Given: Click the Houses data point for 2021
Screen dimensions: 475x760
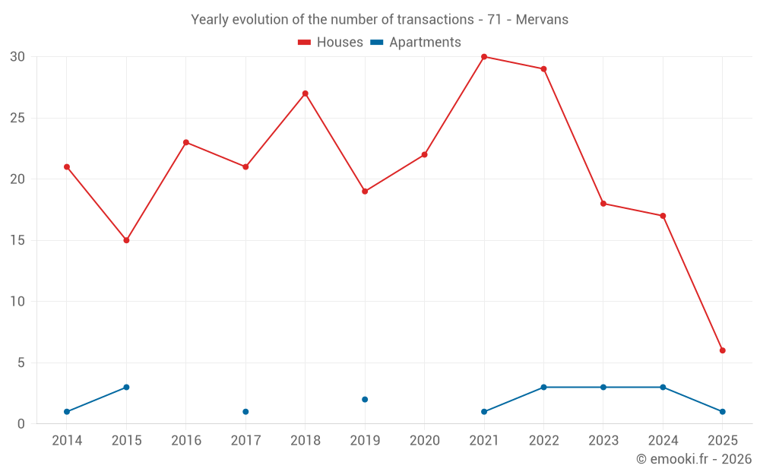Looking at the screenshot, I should click(x=484, y=57).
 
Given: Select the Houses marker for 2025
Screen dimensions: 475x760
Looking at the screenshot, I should click(x=723, y=350).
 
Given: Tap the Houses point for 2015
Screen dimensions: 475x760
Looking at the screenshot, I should click(x=126, y=240).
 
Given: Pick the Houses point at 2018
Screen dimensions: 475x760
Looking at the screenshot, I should click(x=305, y=93).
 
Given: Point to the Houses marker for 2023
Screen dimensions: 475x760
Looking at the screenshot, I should click(x=603, y=204).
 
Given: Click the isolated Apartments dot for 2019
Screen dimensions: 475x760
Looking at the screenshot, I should click(x=365, y=400).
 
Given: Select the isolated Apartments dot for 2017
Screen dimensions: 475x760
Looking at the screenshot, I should click(x=245, y=412).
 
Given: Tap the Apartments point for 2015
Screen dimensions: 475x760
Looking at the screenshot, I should click(x=126, y=388).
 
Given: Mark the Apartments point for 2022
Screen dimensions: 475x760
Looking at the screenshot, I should click(x=543, y=388).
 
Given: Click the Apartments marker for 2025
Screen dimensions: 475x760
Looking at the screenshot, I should click(x=723, y=412).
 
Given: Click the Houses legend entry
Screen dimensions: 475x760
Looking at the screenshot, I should click(x=331, y=43).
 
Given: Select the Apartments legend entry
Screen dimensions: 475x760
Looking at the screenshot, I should click(x=416, y=43).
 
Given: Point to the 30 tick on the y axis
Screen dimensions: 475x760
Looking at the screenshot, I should click(x=17, y=57).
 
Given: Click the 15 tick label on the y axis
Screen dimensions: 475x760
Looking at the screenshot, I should click(x=17, y=240).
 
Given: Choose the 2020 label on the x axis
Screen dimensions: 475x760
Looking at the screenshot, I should click(x=425, y=441).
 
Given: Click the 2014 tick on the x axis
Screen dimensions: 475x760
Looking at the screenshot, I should click(x=67, y=441).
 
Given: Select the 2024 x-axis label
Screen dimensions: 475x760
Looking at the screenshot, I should click(x=663, y=441).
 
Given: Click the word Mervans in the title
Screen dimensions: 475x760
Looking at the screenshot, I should click(x=542, y=20).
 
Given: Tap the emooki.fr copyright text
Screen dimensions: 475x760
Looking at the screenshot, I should click(x=694, y=459).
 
